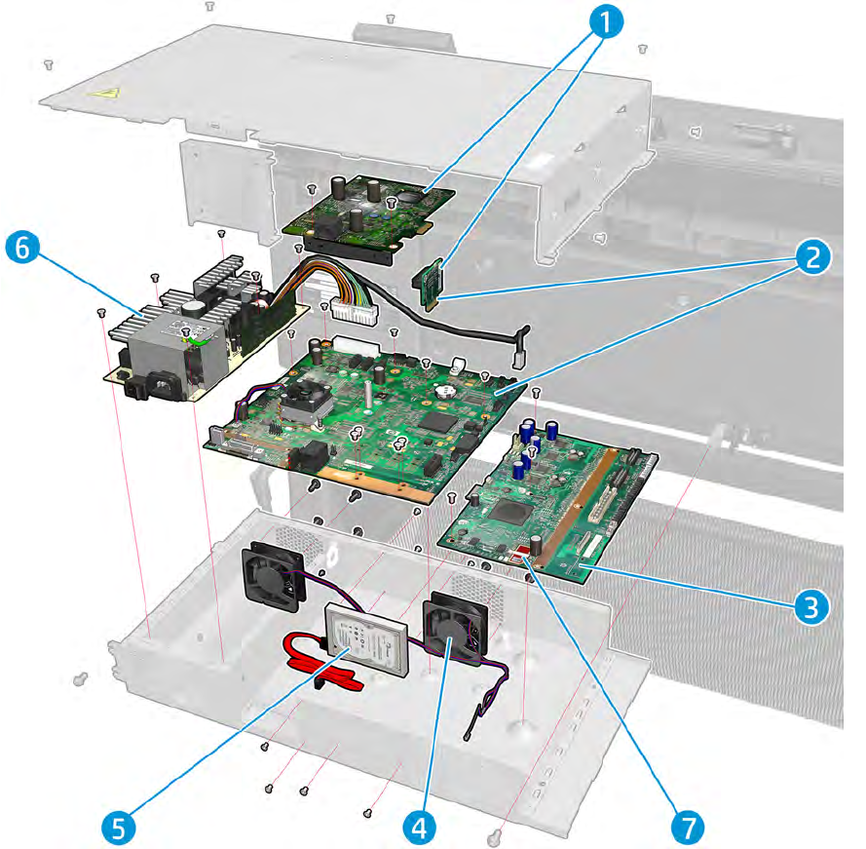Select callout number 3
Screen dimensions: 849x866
click(x=809, y=606)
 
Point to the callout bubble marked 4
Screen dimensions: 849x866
click(x=419, y=827)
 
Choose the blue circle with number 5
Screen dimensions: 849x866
click(x=118, y=827)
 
